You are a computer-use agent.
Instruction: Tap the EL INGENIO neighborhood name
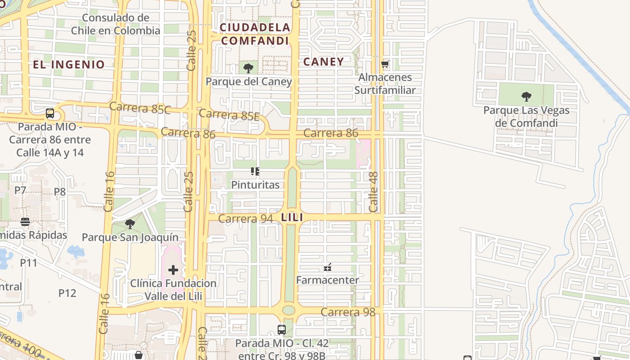pyautogui.click(x=68, y=64)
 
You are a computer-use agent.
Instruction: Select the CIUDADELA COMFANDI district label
pyautogui.click(x=255, y=34)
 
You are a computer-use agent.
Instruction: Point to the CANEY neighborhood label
pyautogui.click(x=323, y=62)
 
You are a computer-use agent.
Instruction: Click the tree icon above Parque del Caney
pyautogui.click(x=248, y=68)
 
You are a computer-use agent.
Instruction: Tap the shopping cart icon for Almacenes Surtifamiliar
pyautogui.click(x=385, y=64)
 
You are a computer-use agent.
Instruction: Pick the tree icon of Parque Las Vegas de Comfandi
pyautogui.click(x=526, y=96)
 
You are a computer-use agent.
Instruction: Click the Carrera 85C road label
pyautogui.click(x=140, y=108)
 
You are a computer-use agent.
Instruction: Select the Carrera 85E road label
pyautogui.click(x=229, y=115)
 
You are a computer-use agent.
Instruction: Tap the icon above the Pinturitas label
pyautogui.click(x=255, y=171)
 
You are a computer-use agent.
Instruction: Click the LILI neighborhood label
pyautogui.click(x=292, y=217)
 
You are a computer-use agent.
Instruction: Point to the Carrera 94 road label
pyautogui.click(x=245, y=219)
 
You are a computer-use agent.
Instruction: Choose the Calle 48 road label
pyautogui.click(x=373, y=192)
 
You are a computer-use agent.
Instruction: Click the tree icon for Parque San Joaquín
pyautogui.click(x=130, y=224)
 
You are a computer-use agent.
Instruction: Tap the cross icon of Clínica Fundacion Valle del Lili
pyautogui.click(x=173, y=270)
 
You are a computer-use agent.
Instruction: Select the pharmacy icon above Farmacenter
pyautogui.click(x=328, y=267)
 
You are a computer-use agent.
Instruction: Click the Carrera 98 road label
pyautogui.click(x=348, y=312)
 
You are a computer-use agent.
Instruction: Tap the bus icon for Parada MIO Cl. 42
pyautogui.click(x=282, y=330)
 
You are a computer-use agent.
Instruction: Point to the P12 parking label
pyautogui.click(x=67, y=293)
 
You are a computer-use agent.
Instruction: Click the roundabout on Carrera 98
pyautogui.click(x=288, y=310)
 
